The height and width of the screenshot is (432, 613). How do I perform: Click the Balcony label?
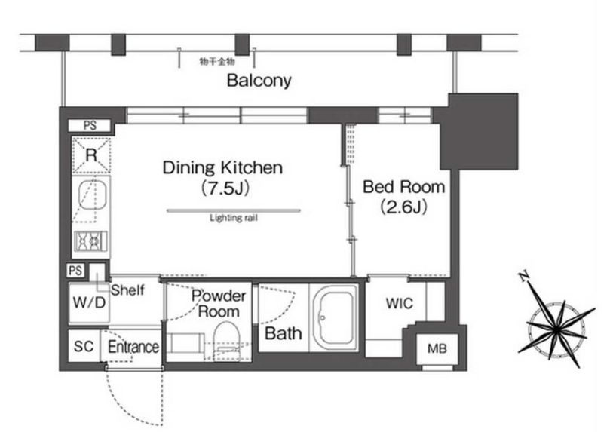[x=259, y=81]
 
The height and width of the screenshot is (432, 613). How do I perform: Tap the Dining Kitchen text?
[x=222, y=167]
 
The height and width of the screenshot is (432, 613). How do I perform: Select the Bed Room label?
[x=404, y=187]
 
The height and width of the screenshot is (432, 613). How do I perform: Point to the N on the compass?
[x=524, y=277]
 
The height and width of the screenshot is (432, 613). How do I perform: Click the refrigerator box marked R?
[x=91, y=155]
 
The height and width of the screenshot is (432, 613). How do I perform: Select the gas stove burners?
[x=90, y=241]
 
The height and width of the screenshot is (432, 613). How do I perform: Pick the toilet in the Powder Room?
[x=226, y=338]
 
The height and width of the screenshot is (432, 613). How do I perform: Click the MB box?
[x=437, y=348]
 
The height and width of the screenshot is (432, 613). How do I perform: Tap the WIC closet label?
[x=399, y=303]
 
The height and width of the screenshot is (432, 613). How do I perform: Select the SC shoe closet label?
[x=84, y=346]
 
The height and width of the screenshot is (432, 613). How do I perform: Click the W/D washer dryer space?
[x=89, y=302]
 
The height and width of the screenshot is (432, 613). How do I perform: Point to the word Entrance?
[x=133, y=347]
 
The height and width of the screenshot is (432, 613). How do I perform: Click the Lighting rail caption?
[x=234, y=218]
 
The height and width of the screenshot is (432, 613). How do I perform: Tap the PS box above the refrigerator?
[x=90, y=125]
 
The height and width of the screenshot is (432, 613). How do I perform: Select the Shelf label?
[x=127, y=290]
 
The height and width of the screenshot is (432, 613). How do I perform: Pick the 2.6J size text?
[x=404, y=207]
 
